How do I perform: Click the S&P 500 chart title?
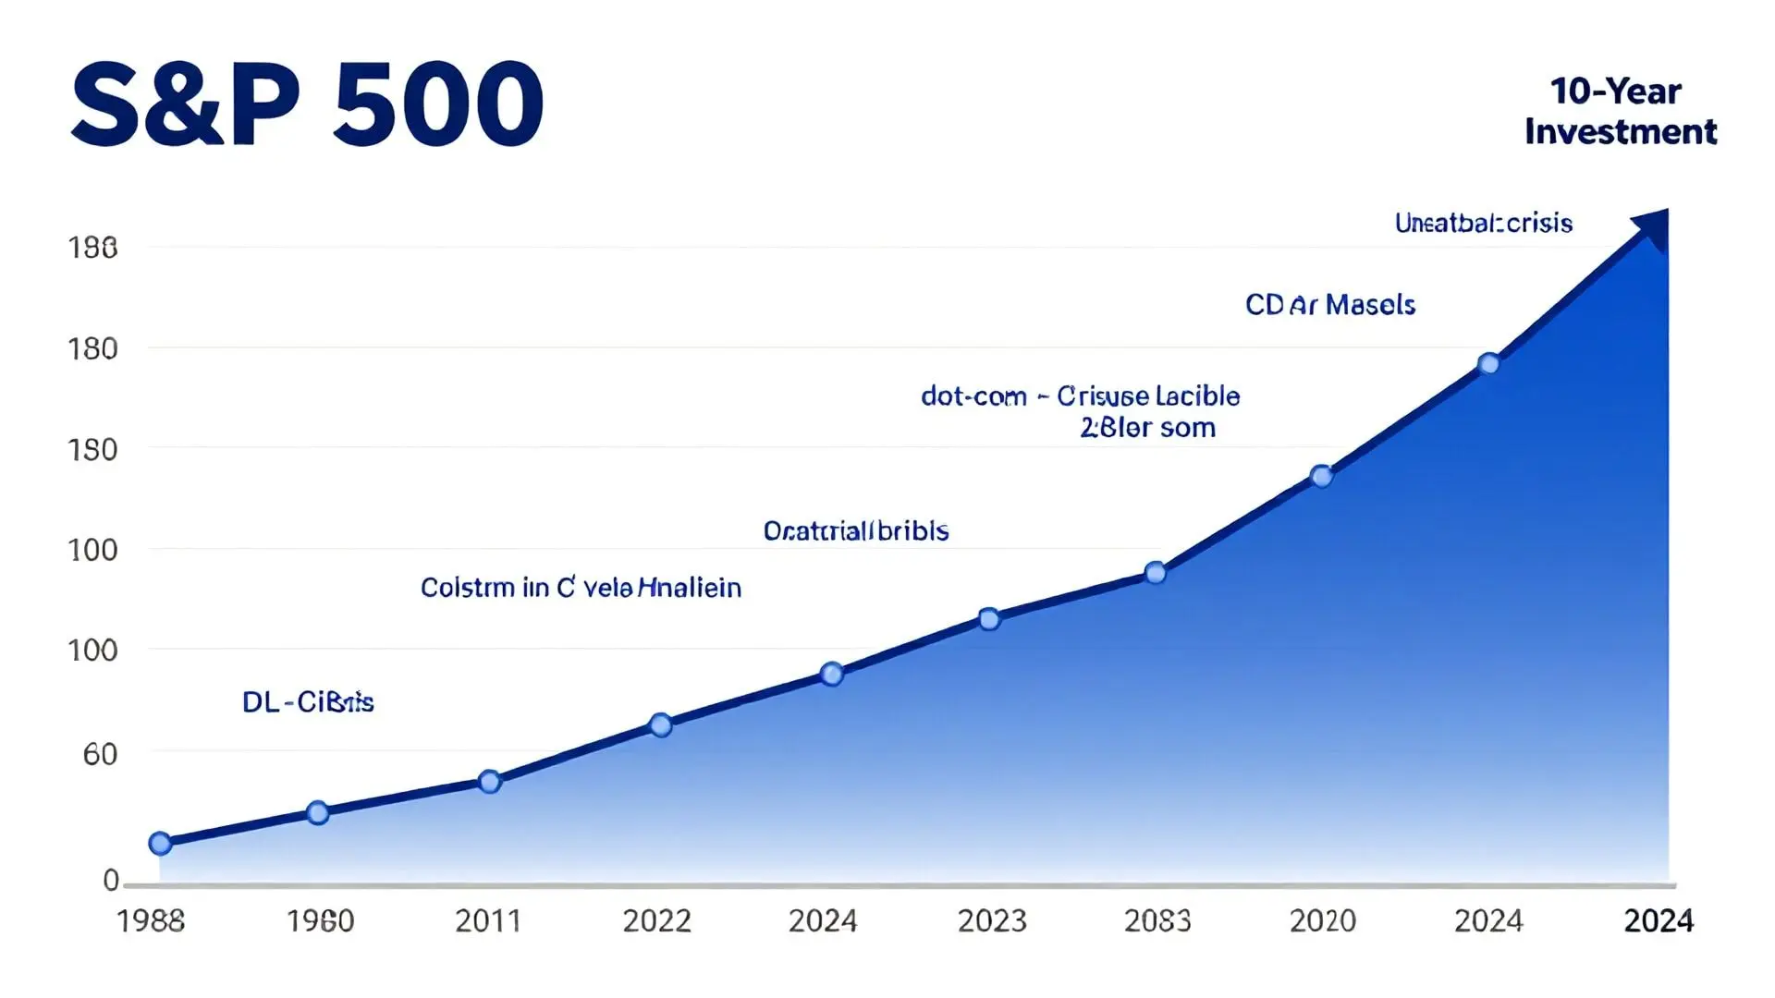[x=308, y=103]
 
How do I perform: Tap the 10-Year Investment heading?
[x=1620, y=112]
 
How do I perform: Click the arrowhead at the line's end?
[x=1653, y=226]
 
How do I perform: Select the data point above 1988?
[x=160, y=843]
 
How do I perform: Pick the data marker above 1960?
[x=317, y=813]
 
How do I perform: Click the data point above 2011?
[x=490, y=782]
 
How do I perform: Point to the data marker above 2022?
[x=660, y=724]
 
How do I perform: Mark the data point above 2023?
[x=989, y=619]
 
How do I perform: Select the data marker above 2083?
[x=1155, y=573]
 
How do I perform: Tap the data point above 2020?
[x=1322, y=477]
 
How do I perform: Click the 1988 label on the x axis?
[x=151, y=921]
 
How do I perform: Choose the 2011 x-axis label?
[x=488, y=921]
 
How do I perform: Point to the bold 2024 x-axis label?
[x=1659, y=921]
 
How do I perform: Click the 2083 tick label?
[x=1157, y=921]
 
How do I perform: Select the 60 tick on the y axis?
[x=100, y=755]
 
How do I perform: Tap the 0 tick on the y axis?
[x=111, y=880]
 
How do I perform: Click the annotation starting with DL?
[x=308, y=702]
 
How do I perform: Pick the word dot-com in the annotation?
[x=973, y=396]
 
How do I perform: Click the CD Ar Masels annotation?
[x=1329, y=305]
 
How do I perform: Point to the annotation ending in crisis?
[x=1483, y=224]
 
